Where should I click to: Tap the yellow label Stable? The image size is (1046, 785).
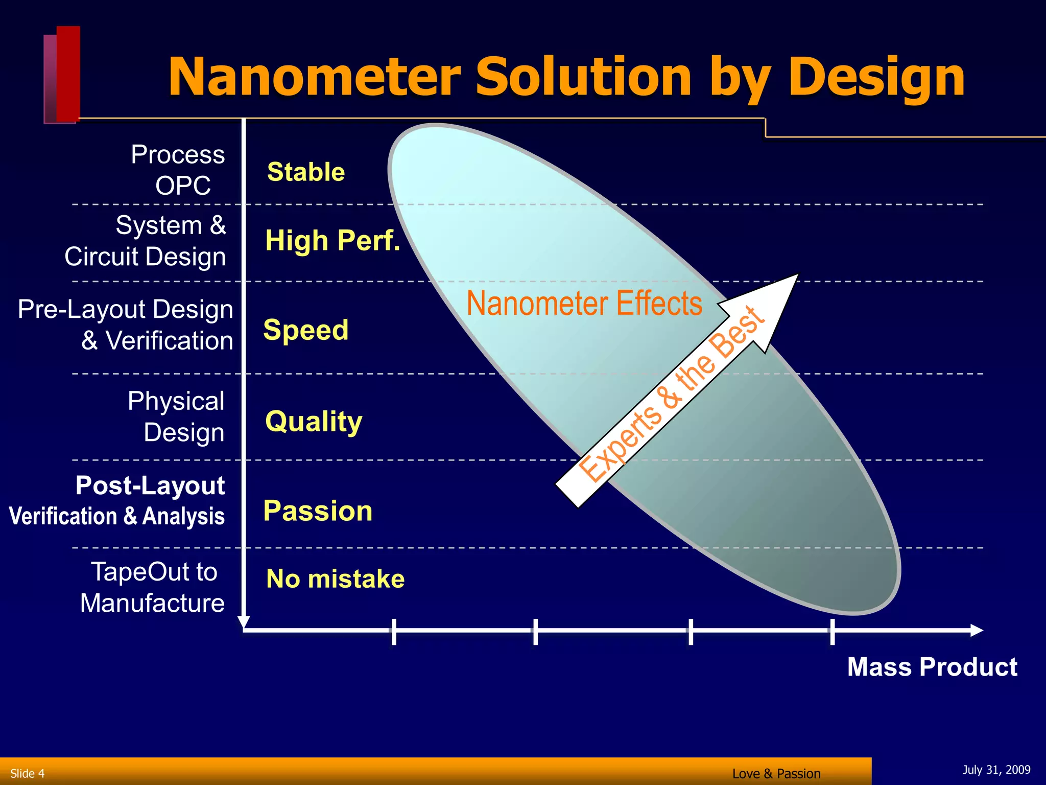coord(306,172)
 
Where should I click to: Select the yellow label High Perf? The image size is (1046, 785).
coord(332,240)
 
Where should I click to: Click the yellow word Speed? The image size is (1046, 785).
coord(305,330)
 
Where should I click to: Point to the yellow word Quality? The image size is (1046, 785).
coord(314,422)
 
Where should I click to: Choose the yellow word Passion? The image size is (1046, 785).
coord(318,511)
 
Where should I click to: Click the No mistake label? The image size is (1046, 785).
coord(335,579)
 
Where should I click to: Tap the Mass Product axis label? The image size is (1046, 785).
coord(932,667)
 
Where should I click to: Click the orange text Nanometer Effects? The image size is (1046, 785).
coord(584,303)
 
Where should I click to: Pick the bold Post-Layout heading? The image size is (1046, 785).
coord(150,486)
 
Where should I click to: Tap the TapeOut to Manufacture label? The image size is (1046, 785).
coord(153,587)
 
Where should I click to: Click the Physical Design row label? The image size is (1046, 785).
coord(176,417)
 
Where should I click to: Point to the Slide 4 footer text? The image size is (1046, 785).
coord(28,773)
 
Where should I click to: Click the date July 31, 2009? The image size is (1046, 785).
coord(996,770)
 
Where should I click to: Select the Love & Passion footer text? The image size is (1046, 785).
coord(776,774)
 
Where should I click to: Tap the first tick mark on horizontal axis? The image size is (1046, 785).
coord(394,631)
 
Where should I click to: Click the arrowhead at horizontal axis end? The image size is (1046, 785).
coord(976,630)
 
